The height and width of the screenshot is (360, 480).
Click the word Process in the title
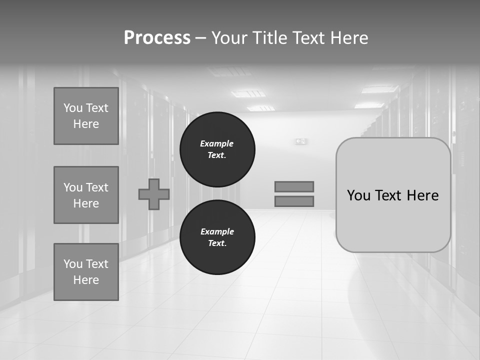coord(157,38)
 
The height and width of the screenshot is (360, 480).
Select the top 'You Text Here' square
coord(86,116)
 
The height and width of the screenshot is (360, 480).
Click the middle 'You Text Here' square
coord(86,195)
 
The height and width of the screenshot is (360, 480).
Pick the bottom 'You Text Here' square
coord(86,272)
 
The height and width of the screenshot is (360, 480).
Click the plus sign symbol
coord(154,194)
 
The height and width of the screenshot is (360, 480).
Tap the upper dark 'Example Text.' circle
coord(217,149)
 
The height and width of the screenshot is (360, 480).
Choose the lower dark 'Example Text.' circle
coord(217,237)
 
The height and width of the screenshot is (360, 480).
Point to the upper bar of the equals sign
coord(294,186)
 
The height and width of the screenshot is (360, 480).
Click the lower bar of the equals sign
coord(294,201)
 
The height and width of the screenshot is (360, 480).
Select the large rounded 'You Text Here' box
coord(393,195)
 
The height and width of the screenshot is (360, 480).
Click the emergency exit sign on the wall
coord(300,141)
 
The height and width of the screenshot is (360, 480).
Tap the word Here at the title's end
coord(349,38)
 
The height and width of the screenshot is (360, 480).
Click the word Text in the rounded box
coord(389,195)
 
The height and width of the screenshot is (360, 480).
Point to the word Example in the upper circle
coord(216,143)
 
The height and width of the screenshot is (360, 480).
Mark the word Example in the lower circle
coord(217,231)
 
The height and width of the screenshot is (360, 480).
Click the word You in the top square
coord(73,108)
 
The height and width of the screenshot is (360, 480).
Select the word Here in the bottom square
coord(86,280)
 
